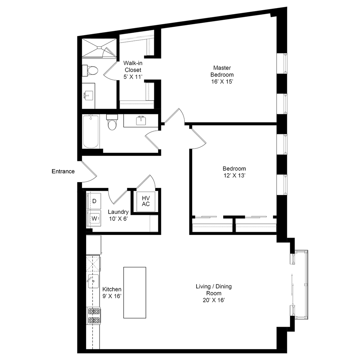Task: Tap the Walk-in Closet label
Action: coord(133,70)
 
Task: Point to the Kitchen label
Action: coord(112,293)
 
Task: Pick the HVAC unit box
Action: coord(146,202)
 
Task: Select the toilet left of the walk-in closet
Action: coord(90,70)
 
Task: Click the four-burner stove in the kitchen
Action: coord(94,315)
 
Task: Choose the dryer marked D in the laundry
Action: coord(94,201)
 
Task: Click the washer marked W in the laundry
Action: coord(94,218)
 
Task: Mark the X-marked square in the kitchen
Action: coord(94,264)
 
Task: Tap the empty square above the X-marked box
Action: coord(94,245)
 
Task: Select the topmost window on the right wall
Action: coord(285,63)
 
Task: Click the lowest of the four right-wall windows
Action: coord(285,184)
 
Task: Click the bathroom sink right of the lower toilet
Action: coord(141,120)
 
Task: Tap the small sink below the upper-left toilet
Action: coord(88,95)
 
